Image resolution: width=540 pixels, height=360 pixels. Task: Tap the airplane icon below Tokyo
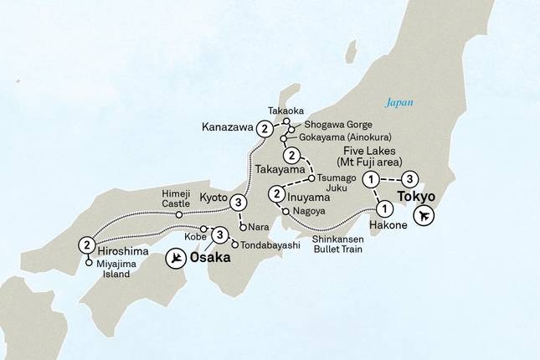point(426,216)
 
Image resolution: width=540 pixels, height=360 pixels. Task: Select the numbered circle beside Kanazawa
point(265,129)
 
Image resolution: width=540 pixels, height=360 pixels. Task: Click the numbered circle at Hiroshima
point(86,245)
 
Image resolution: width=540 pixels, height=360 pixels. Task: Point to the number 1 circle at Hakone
point(383,208)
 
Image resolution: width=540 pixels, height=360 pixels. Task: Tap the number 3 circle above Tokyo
point(409,178)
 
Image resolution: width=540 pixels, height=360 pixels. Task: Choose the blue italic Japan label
point(399,104)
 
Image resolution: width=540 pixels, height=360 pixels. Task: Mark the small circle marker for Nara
point(243,226)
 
